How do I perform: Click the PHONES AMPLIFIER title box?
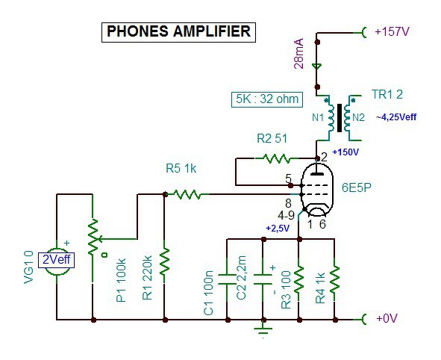coord(178,32)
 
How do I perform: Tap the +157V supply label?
coord(392,31)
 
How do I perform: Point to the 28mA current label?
coord(299,54)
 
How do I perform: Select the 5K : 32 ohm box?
coord(267,99)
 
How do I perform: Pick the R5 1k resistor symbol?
coord(187,194)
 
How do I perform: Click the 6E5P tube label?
coord(357,187)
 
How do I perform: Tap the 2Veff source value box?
coord(56,260)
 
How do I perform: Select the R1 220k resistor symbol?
coord(164,261)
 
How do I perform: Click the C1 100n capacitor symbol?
coord(228,279)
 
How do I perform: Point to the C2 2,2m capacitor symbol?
coord(263,279)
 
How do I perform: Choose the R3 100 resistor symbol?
coord(299,279)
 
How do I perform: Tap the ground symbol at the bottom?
coord(263,329)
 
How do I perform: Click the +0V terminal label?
coord(387,318)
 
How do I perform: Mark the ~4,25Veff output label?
coord(396,117)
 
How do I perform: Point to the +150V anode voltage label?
coord(345,152)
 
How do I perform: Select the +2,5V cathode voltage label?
coord(278,229)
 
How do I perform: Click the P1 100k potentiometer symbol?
coord(93,238)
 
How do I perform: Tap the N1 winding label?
coord(318,117)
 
